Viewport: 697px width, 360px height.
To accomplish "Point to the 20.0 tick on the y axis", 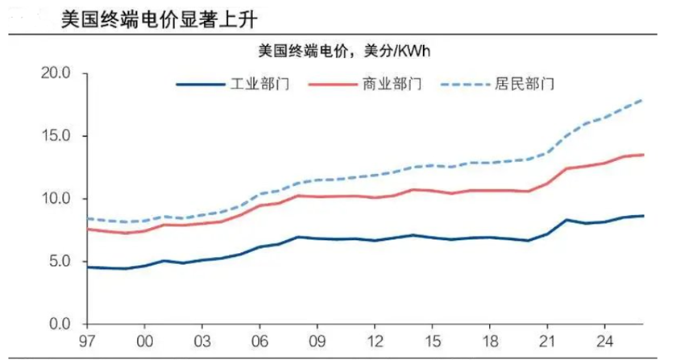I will (56, 73).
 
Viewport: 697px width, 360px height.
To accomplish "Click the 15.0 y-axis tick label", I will (56, 136).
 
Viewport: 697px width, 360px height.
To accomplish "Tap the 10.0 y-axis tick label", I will (56, 199).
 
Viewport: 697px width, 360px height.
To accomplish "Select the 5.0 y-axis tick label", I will (60, 261).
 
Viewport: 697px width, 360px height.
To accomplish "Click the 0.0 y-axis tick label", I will (60, 324).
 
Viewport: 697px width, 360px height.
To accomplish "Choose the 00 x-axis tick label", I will (145, 341).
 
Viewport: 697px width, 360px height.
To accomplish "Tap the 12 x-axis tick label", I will (375, 341).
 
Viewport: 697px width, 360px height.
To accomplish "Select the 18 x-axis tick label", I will (491, 341).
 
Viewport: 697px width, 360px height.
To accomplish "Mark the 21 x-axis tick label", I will (549, 341).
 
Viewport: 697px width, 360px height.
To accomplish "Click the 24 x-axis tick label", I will (607, 341).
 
